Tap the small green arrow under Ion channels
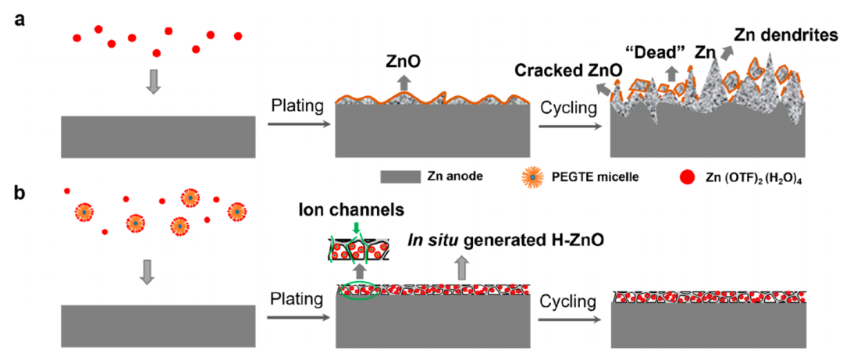tap(356, 227)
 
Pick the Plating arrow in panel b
tap(296, 317)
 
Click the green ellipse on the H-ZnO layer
tap(357, 291)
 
